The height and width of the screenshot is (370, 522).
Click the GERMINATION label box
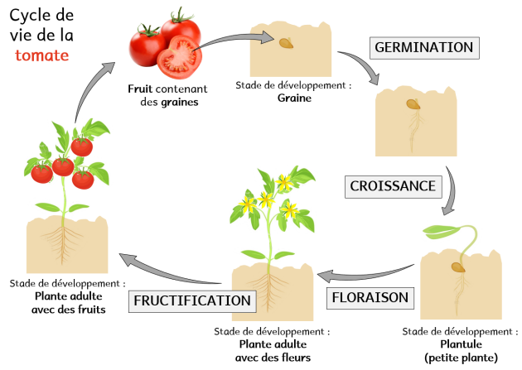coord(423,47)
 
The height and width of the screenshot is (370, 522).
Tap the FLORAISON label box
coord(370,296)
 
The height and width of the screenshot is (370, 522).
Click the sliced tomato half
coord(175,58)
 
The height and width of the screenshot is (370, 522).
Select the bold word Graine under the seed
coord(294,97)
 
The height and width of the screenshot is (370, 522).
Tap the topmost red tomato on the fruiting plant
coord(81,147)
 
